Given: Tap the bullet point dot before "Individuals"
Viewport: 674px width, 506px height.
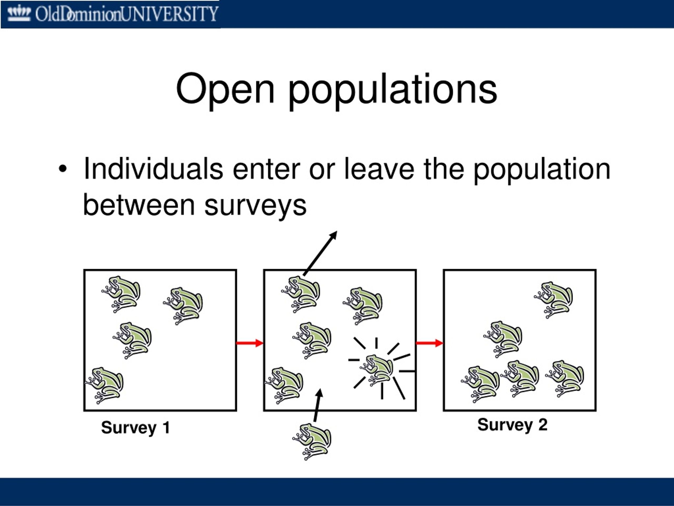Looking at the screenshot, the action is pos(62,169).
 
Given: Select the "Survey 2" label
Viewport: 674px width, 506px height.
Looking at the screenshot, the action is pos(512,425).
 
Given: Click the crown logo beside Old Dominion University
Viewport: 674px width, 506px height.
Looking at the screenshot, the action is pos(19,14).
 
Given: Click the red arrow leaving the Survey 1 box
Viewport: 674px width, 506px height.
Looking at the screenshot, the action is pos(250,343).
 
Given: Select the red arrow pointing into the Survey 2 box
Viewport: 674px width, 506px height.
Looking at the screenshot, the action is pos(430,343).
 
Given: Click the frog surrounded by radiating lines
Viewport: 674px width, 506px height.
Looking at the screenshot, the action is pos(376,370).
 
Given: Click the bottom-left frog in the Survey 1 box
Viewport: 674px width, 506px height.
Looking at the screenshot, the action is pos(104,385).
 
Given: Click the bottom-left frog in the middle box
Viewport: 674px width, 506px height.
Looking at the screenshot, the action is pos(284,385).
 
